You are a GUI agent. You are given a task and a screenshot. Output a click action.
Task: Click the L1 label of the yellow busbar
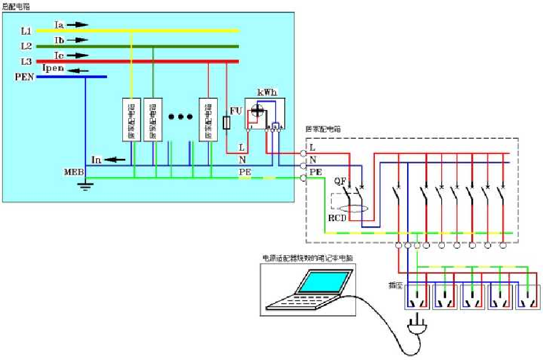26,31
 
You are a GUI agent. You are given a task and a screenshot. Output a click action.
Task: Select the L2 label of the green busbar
26,46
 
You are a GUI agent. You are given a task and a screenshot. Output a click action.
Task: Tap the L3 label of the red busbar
26,61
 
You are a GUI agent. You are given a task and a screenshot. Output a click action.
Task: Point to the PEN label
25,76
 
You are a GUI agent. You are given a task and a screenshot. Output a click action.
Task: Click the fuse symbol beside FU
227,122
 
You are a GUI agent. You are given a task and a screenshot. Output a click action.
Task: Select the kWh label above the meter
266,93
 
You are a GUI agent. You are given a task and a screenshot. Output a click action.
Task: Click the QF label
341,181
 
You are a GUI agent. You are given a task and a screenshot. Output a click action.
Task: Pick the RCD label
337,218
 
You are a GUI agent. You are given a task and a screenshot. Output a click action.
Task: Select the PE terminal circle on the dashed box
304,178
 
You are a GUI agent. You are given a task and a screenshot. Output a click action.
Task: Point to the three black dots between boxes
181,116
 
